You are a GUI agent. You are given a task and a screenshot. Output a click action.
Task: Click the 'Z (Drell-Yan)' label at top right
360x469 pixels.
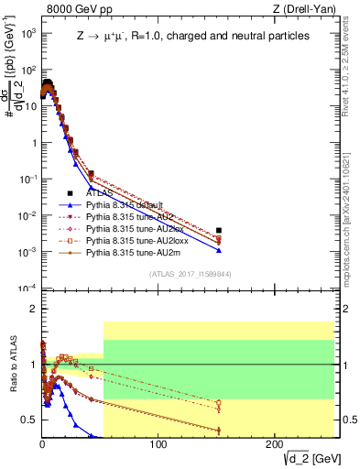[x=307, y=9]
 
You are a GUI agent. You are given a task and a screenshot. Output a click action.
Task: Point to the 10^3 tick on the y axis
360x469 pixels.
[x=28, y=33]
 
